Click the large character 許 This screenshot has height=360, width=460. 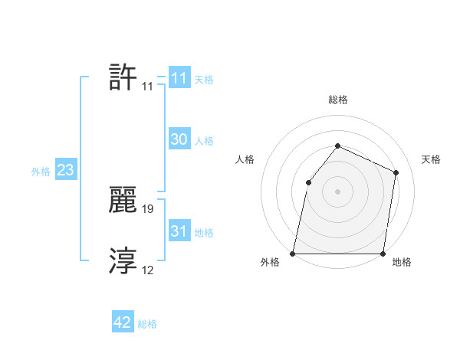click(x=123, y=78)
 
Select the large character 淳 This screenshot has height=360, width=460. click(x=123, y=261)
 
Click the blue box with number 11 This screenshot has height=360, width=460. click(x=179, y=78)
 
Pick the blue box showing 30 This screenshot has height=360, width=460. click(x=179, y=139)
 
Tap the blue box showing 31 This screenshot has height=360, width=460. click(x=179, y=231)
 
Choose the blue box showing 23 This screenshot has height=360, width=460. click(x=65, y=170)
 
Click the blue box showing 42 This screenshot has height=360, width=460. click(x=123, y=323)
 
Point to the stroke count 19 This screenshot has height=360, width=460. click(x=149, y=208)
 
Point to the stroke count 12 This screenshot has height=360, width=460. click(x=149, y=270)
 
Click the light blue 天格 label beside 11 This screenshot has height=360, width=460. click(x=204, y=80)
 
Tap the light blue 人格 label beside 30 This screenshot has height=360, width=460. click(x=204, y=141)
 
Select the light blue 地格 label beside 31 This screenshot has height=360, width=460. click(x=204, y=233)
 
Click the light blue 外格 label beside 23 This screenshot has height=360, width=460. click(x=41, y=172)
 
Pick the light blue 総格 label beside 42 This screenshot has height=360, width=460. click(x=147, y=325)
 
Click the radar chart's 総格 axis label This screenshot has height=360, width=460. click(x=337, y=100)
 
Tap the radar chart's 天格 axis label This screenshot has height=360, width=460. click(x=431, y=159)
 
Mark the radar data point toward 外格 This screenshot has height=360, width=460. click(x=293, y=253)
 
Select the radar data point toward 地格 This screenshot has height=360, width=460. click(x=383, y=253)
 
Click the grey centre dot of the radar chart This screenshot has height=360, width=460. click(x=337, y=191)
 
